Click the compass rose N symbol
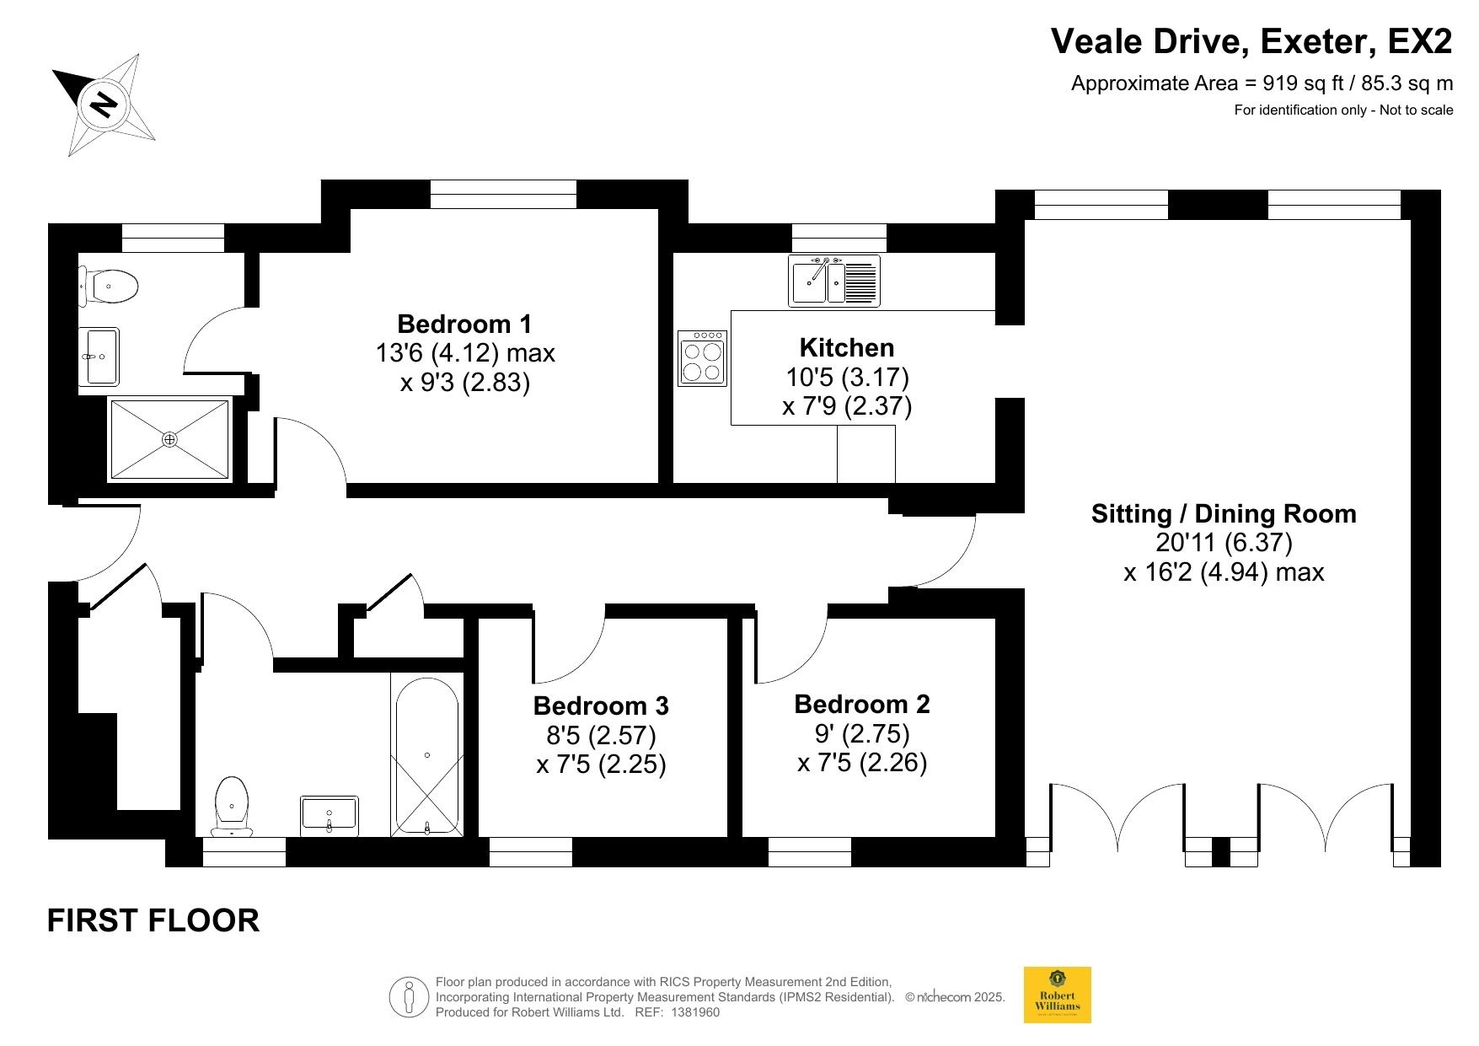104,105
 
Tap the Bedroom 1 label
464,324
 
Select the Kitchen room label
847,347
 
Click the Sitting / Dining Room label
1224,513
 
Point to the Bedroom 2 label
862,704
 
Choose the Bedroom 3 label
601,705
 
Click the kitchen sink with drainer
834,281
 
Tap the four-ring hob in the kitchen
702,357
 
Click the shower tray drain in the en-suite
169,439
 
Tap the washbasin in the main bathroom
330,816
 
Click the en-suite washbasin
99,357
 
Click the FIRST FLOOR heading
153,920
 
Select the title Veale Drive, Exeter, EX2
1251,41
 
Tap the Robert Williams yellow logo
1057,995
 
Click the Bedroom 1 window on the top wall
504,194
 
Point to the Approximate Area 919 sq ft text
1262,83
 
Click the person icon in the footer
409,997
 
